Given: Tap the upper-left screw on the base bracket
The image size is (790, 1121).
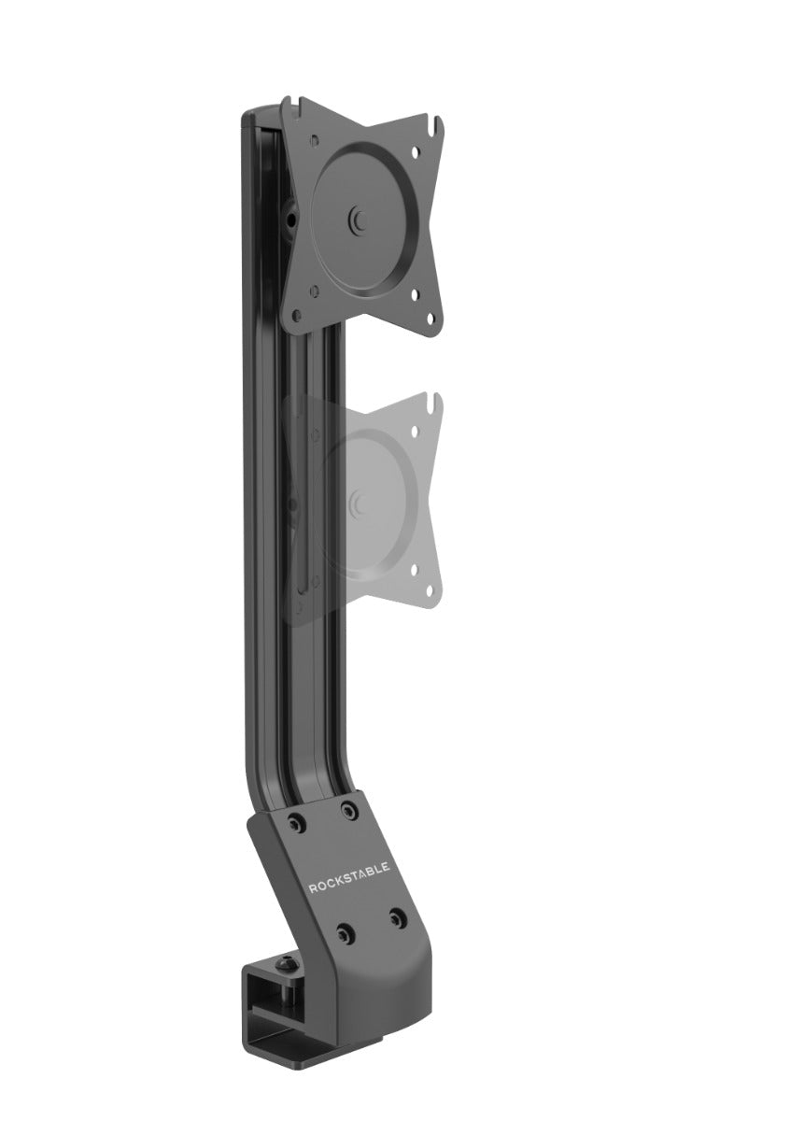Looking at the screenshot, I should (298, 826).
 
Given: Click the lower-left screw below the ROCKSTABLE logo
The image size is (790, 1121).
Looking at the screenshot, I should (346, 932).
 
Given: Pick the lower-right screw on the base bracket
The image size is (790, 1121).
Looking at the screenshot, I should (395, 915).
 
